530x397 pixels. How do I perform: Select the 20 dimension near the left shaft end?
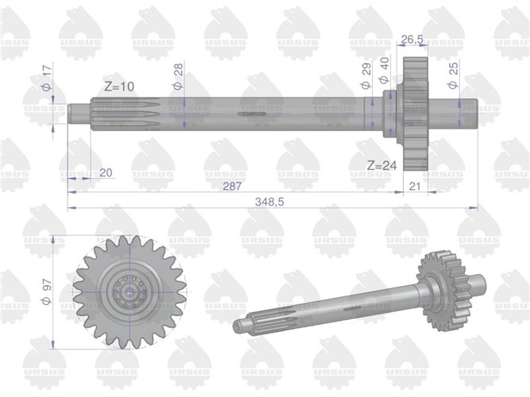pos(106,172)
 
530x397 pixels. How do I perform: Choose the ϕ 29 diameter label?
pos(366,80)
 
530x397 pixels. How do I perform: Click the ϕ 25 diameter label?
pos(453,78)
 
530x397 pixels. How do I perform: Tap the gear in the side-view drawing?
pos(415,115)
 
